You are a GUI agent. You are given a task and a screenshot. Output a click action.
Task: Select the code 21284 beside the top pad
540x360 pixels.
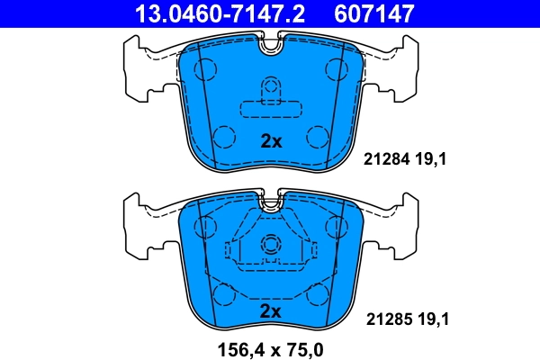[x=384, y=161]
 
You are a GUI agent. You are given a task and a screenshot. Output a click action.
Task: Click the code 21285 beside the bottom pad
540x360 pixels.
[x=384, y=318]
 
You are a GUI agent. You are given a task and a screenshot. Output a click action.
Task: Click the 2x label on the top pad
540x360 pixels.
[x=271, y=141]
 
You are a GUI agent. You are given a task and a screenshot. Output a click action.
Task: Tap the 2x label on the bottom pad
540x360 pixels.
[x=271, y=310]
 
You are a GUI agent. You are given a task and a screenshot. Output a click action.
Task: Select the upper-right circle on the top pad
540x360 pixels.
[x=337, y=68]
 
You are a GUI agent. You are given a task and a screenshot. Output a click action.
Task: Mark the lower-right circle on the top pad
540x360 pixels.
[x=318, y=137]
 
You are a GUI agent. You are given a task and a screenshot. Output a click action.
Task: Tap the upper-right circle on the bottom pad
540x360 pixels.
[x=337, y=224]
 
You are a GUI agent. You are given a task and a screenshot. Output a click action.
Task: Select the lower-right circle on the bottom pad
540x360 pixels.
[x=318, y=293]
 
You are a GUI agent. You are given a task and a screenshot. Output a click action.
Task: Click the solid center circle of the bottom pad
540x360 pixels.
[x=271, y=244]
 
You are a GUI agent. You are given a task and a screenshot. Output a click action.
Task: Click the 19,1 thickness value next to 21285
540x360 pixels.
[x=431, y=318]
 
